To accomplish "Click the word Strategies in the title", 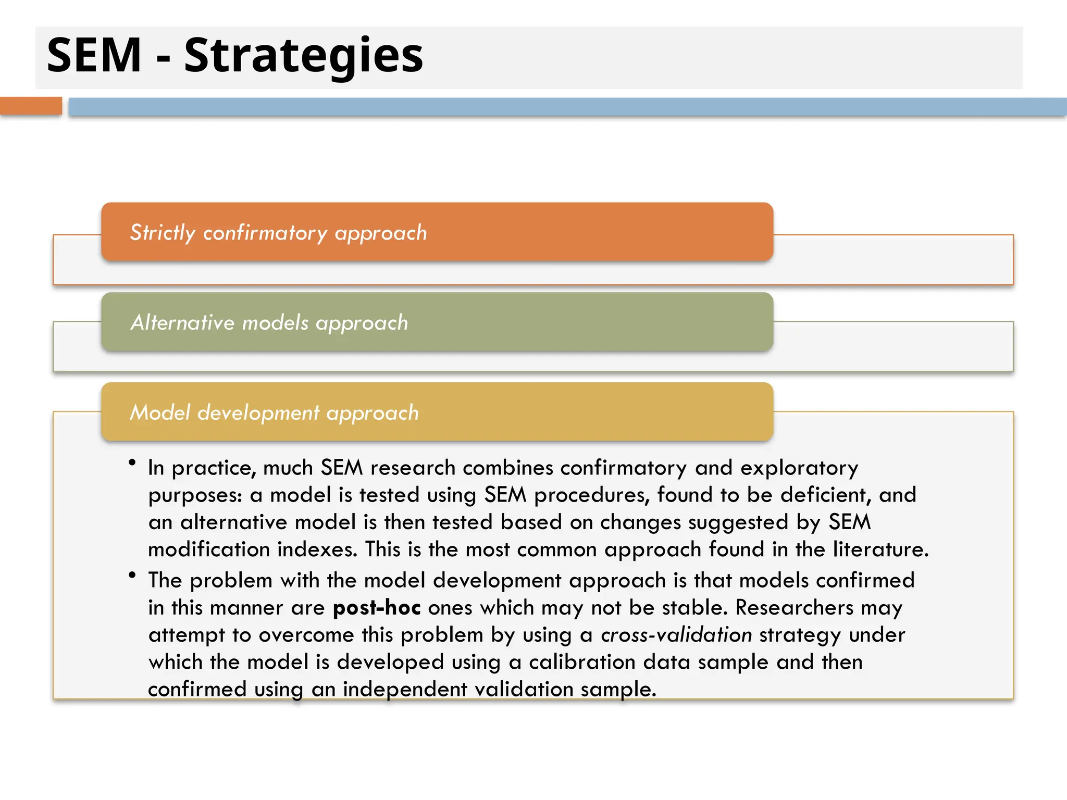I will click(303, 56).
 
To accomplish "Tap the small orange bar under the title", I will click(31, 106).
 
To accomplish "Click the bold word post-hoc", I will click(377, 608).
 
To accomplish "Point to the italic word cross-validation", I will click(676, 635).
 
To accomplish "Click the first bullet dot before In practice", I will click(132, 462).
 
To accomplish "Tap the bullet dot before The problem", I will click(132, 575).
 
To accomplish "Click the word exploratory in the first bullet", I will click(799, 468).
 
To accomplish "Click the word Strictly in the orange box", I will click(162, 233).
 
